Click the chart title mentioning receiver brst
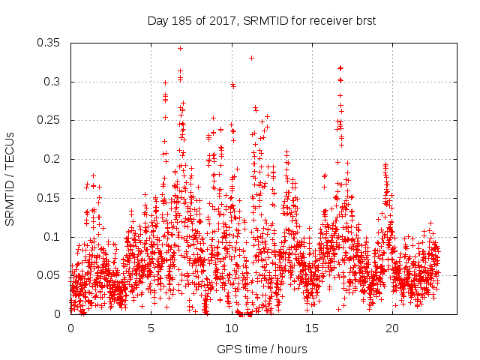261,21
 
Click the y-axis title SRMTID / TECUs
10,178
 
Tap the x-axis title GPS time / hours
262,349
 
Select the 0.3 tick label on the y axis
54,82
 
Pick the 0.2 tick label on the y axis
54,159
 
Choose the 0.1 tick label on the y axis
54,236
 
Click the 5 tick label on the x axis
151,328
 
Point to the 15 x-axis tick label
312,328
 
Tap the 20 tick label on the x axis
392,328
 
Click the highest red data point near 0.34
180,48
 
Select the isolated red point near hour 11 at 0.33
251,58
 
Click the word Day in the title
158,21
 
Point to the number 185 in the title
181,21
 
